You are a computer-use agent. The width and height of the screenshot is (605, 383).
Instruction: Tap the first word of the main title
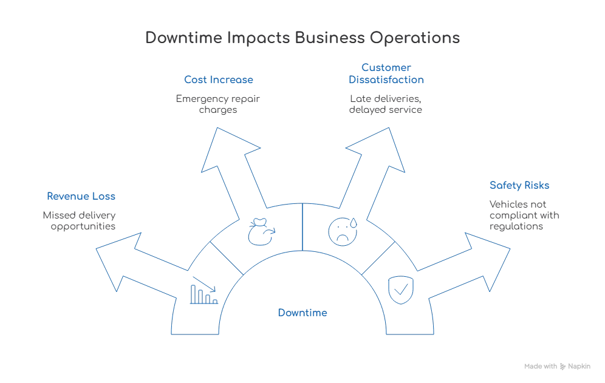pos(182,38)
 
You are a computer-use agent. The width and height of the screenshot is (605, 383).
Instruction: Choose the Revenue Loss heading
pos(81,197)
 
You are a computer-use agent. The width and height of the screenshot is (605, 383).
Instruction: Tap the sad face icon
pos(340,231)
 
